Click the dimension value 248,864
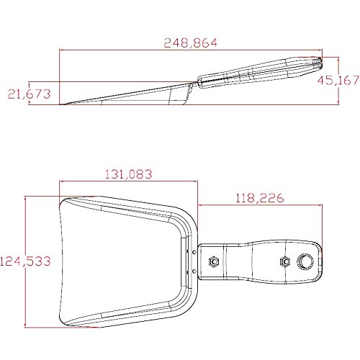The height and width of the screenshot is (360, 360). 191,42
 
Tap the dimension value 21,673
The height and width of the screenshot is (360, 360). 29,94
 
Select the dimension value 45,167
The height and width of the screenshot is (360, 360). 338,80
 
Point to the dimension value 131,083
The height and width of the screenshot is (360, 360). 129,174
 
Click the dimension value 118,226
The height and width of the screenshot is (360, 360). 260,198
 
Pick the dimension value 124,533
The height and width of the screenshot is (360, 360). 25,261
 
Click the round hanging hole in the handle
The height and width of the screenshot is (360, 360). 305,261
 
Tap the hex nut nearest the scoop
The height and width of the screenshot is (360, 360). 214,261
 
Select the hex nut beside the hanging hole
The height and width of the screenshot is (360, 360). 284,261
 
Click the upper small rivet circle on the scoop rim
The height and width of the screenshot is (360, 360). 194,252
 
